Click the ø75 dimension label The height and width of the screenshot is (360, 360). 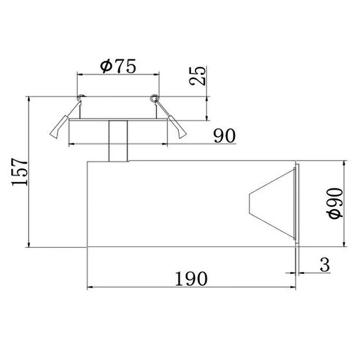[118, 66]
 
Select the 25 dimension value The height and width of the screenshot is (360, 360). [197, 76]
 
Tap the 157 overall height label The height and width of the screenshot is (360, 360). [19, 172]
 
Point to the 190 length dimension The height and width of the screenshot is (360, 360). [191, 279]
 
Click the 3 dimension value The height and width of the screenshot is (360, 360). [324, 265]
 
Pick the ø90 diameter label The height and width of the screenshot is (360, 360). [335, 203]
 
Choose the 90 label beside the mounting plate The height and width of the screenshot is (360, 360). [225, 136]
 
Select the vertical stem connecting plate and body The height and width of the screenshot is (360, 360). [118, 141]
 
